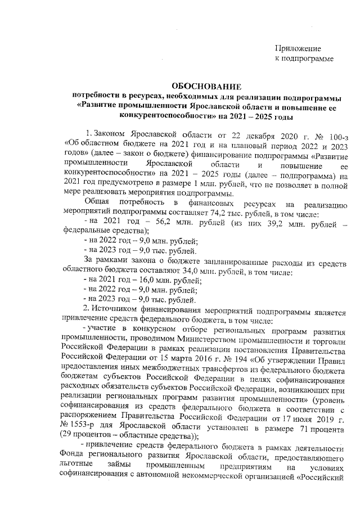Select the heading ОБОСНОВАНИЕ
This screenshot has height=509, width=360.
coord(205,87)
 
